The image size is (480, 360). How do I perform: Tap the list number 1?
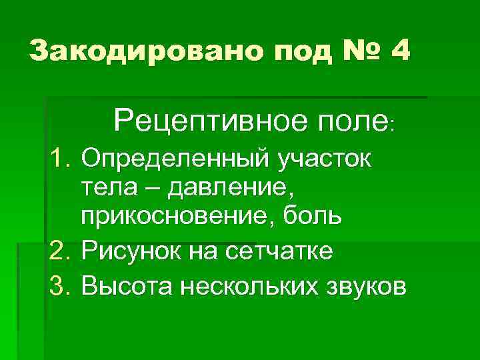(x=61, y=160)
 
